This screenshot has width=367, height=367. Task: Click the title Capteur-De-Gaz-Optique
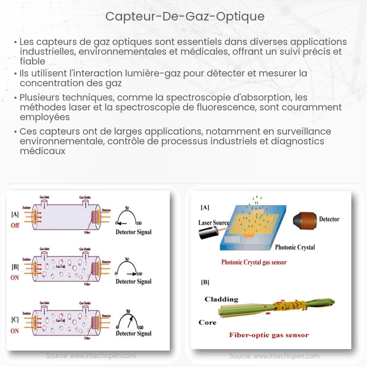(185, 17)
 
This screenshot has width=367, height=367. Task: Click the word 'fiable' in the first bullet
(33, 61)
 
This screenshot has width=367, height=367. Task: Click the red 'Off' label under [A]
(15, 225)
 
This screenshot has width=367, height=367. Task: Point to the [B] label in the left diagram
(15, 267)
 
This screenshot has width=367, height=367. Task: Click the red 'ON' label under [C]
(15, 331)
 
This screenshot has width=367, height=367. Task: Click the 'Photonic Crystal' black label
(295, 247)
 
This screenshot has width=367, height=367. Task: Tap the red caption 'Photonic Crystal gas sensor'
(254, 262)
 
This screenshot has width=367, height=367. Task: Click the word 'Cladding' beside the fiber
(221, 299)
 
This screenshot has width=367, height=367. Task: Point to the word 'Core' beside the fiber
(207, 322)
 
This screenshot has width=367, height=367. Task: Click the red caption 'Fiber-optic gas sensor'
(269, 335)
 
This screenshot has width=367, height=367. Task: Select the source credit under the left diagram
(91, 356)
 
